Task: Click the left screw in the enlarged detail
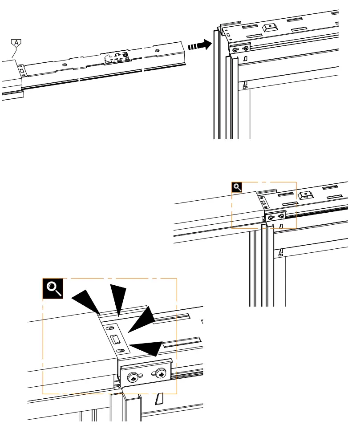tap(133, 378)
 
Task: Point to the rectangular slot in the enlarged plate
tap(114, 340)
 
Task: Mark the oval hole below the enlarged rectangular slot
tap(121, 352)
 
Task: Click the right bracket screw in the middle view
tap(281, 217)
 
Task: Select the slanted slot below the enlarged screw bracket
tap(159, 399)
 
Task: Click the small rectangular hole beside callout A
tap(20, 69)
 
